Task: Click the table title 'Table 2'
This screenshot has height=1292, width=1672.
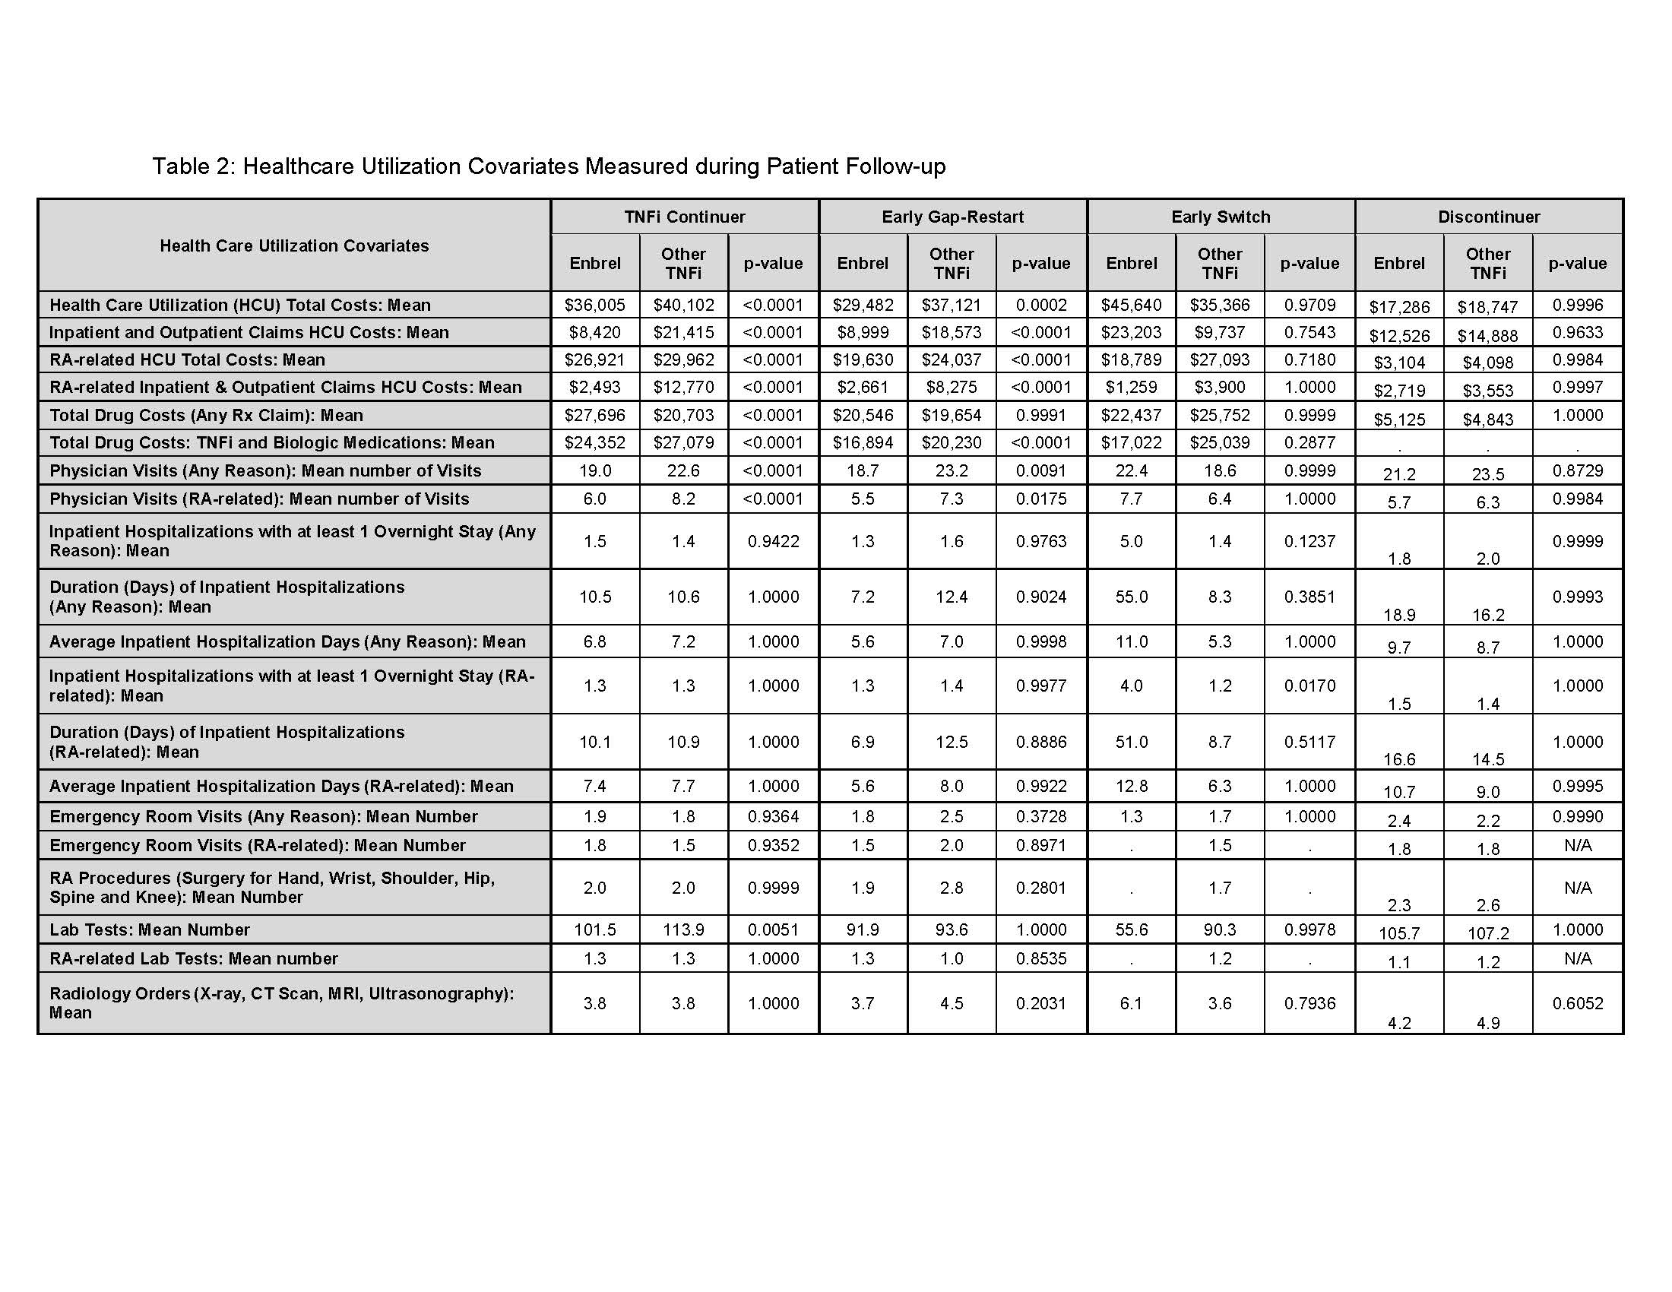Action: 548,166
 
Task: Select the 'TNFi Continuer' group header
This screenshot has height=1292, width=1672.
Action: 685,217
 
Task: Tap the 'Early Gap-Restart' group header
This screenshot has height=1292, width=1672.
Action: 952,217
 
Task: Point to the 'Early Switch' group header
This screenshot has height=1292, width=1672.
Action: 1221,217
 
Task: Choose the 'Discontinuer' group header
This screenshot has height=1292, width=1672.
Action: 1488,217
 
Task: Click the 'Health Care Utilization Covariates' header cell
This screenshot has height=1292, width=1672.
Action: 294,245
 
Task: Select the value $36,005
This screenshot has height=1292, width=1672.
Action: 595,305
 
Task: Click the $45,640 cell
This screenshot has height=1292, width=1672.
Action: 1131,305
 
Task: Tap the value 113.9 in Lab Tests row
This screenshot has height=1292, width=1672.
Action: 683,929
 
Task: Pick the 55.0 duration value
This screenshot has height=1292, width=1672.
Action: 1131,597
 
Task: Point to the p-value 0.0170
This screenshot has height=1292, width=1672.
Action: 1309,685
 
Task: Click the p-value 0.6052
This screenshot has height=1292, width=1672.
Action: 1577,1002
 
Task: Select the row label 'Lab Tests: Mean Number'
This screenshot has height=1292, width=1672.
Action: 150,929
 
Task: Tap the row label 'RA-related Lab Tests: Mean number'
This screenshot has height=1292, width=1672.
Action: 194,958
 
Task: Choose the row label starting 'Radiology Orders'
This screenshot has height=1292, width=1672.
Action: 282,1002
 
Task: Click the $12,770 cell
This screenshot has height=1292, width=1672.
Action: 683,388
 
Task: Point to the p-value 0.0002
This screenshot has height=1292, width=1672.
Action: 1041,305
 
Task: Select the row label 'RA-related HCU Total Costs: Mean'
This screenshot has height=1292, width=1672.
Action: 188,359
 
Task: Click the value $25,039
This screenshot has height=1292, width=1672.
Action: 1220,442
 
